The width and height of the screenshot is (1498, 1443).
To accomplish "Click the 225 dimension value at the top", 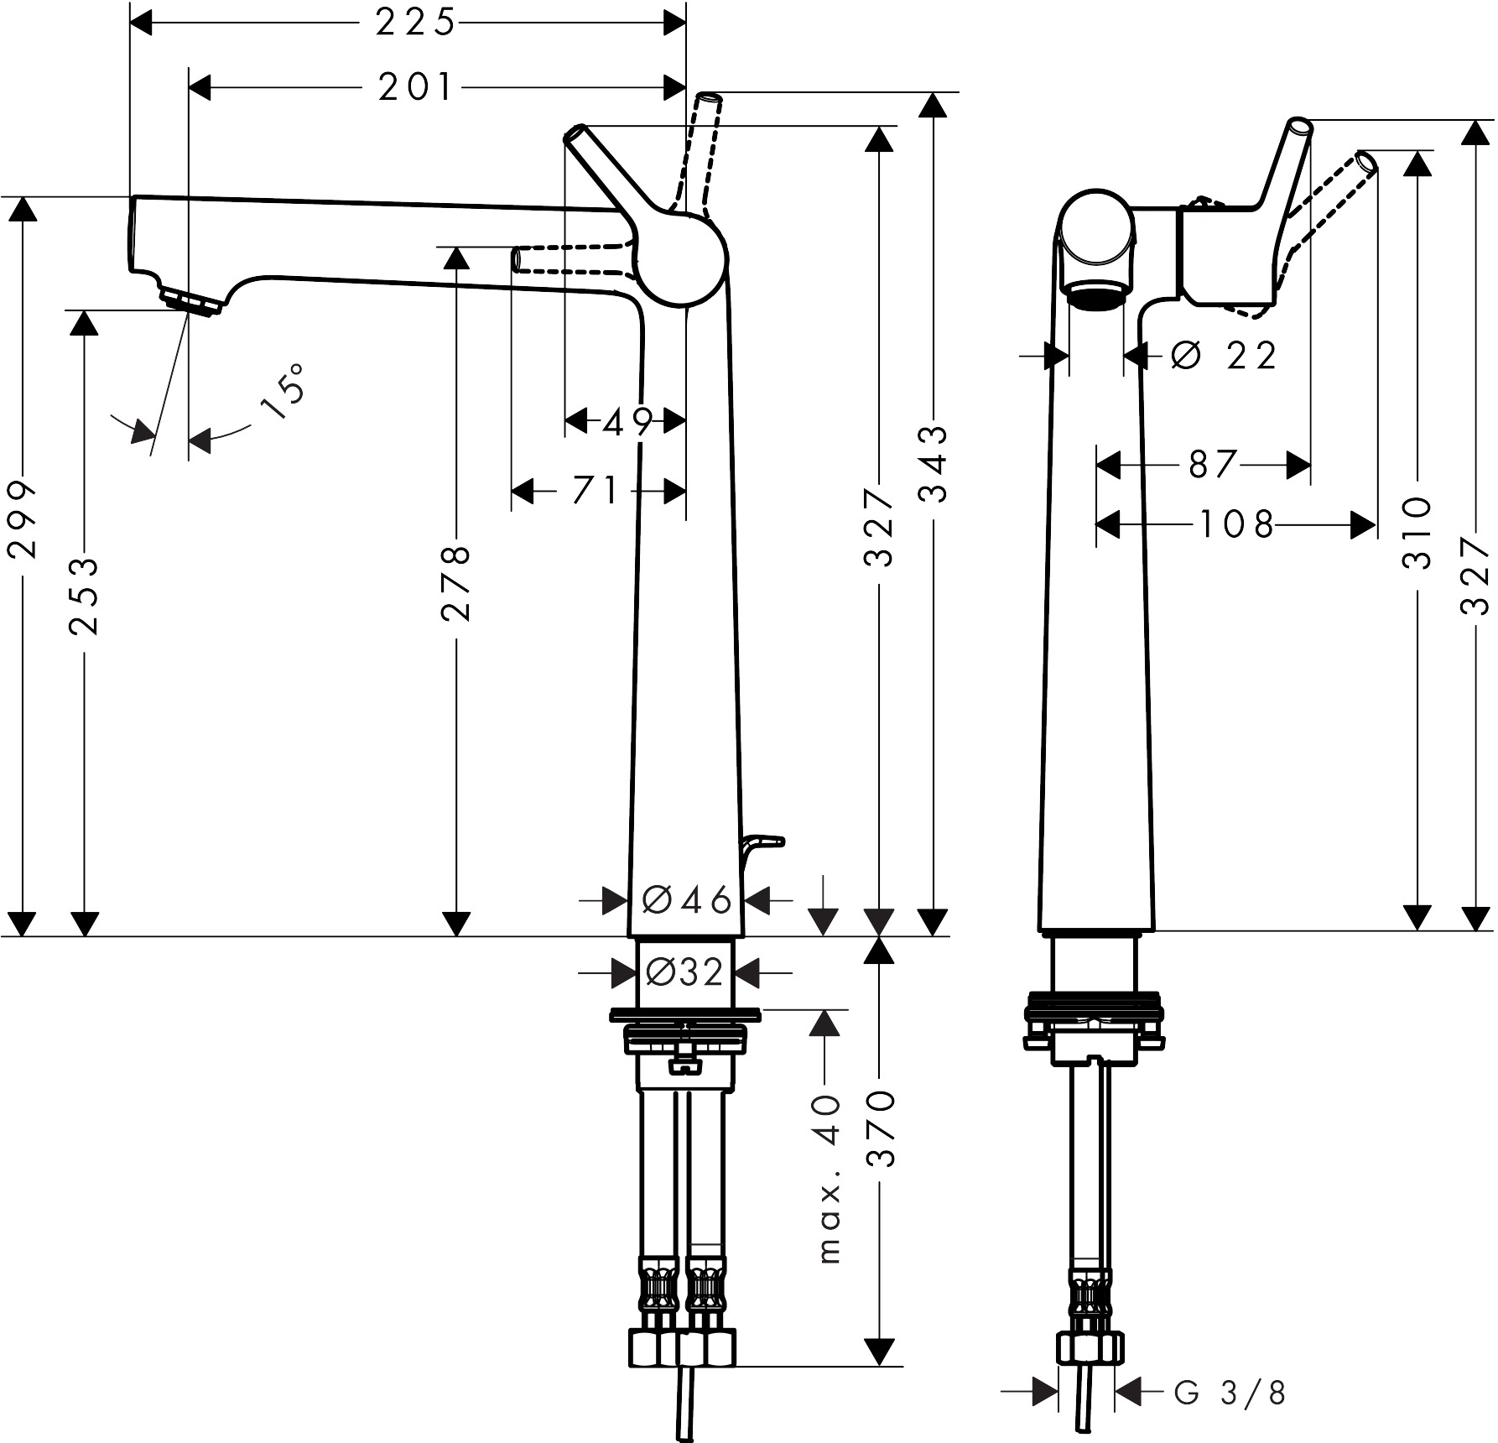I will click(414, 23).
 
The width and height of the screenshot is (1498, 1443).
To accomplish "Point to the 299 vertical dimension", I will click(23, 519).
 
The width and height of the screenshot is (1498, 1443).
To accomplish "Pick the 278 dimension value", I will click(456, 584).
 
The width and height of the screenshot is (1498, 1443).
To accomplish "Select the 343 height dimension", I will click(932, 464).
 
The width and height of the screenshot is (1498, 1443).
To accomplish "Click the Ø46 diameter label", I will click(687, 901).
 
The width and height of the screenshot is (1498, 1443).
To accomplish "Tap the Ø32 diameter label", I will click(685, 973).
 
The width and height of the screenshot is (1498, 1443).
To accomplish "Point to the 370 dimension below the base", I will click(880, 1129).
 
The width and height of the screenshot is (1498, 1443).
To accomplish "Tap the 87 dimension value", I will click(1212, 464).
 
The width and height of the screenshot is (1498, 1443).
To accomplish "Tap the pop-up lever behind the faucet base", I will click(762, 843).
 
